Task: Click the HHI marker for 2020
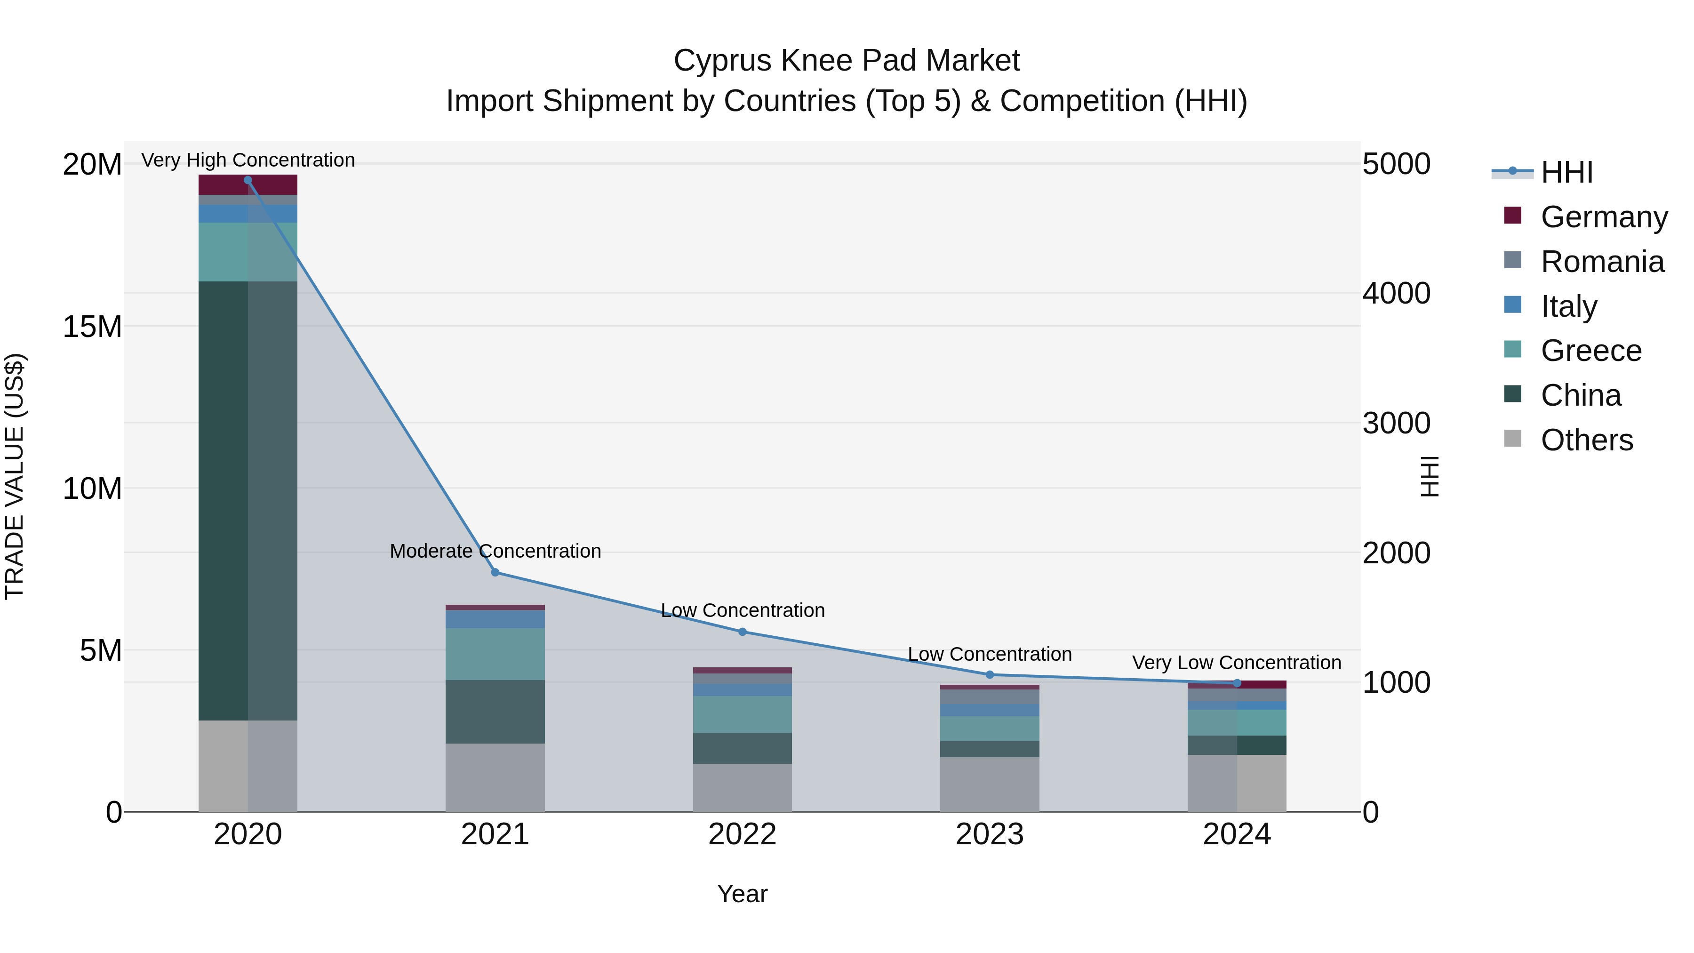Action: tap(248, 180)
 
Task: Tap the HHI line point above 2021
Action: tap(495, 572)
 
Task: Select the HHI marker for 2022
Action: tap(743, 632)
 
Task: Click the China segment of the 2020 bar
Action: tap(248, 500)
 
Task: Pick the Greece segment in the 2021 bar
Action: tap(495, 653)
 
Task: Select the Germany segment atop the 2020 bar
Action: tap(248, 185)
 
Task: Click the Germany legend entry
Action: tap(1603, 217)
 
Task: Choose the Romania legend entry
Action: tap(1602, 262)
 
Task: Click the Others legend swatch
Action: tap(1512, 439)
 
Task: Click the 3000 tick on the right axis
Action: tap(1396, 423)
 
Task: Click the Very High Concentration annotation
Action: tap(248, 160)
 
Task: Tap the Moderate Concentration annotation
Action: tap(495, 551)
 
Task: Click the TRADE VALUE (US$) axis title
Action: tap(15, 476)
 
